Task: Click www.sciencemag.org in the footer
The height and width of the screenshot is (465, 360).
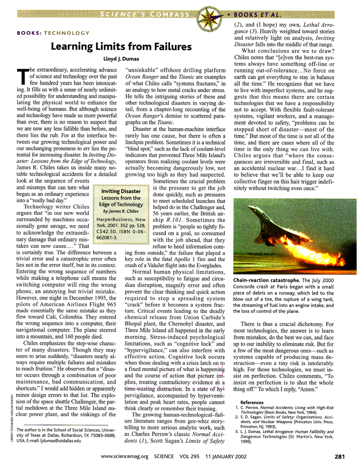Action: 124,457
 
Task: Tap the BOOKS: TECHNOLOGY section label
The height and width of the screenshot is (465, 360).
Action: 52,33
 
